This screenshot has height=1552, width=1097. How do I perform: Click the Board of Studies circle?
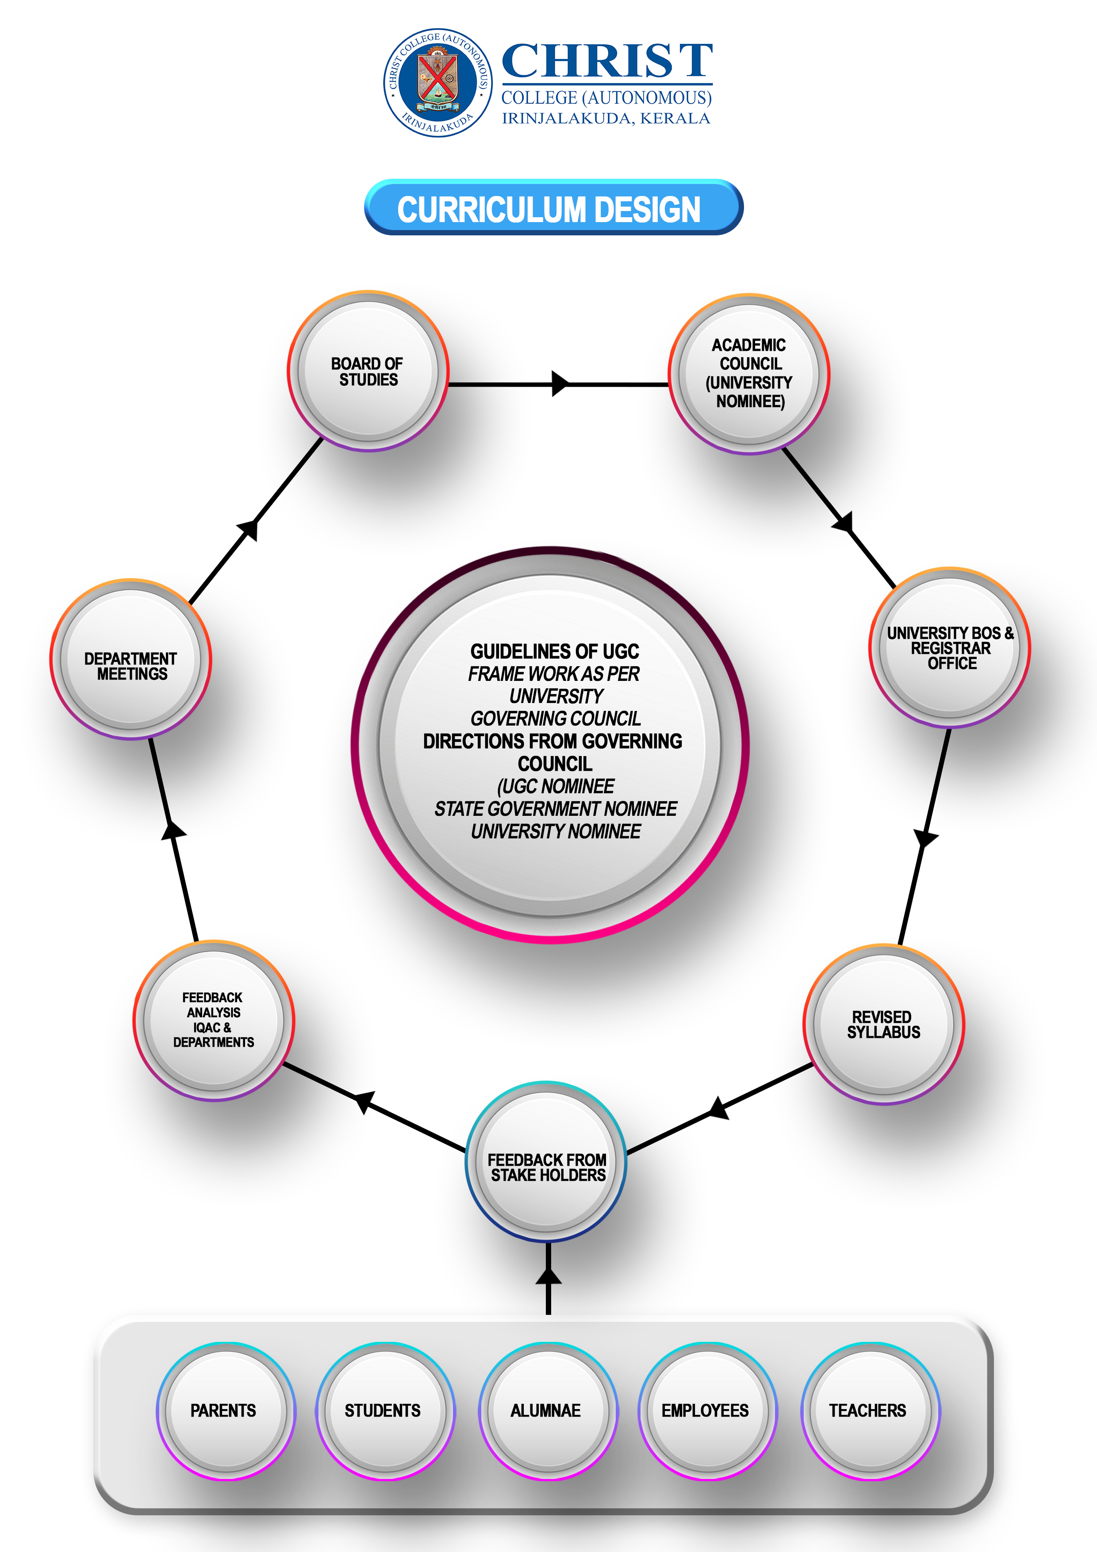pos(368,371)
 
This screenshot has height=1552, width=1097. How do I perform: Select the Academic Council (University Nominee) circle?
pos(749,374)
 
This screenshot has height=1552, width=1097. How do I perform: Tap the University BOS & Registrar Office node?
pos(950,648)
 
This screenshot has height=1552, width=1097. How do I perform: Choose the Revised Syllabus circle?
pos(883,1025)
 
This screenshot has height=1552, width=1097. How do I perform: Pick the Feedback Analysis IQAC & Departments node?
pos(214,1020)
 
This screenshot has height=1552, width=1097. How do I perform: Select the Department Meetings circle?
pos(131,659)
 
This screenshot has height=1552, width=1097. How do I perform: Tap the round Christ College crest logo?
pos(437,82)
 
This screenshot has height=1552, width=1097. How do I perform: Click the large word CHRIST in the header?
pos(607,61)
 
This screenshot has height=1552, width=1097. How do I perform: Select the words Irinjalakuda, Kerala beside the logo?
pos(606,118)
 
